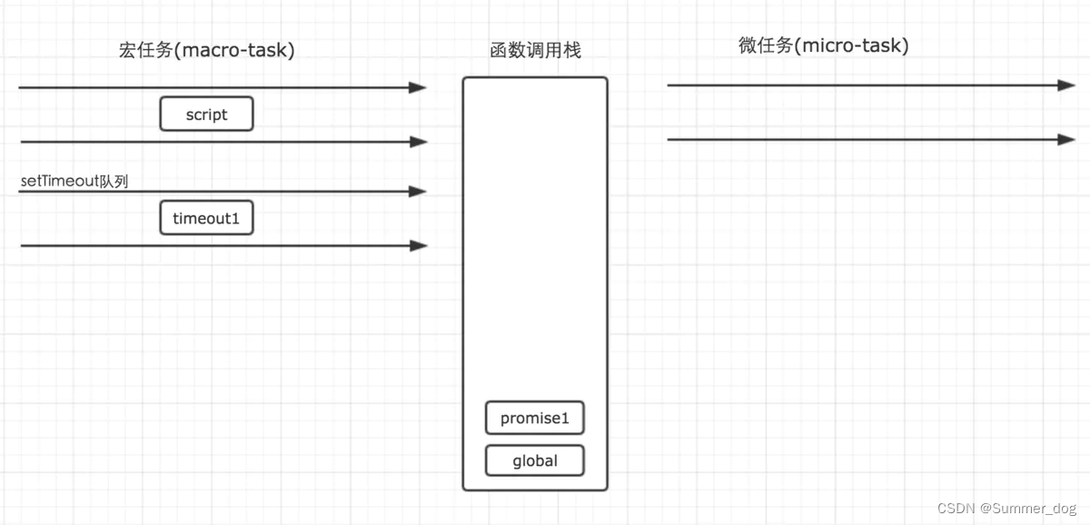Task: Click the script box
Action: click(206, 114)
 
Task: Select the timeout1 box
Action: click(206, 218)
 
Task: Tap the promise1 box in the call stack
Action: click(534, 419)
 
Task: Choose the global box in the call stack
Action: click(534, 461)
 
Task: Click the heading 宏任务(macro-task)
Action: click(207, 51)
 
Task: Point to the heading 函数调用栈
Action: click(535, 51)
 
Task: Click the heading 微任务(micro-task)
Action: click(824, 45)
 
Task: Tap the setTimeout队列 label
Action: click(74, 182)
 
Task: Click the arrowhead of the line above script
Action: click(418, 87)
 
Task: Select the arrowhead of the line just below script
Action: click(418, 142)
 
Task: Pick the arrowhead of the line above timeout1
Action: click(418, 192)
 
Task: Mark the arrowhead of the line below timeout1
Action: click(418, 245)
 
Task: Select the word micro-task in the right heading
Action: click(854, 45)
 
